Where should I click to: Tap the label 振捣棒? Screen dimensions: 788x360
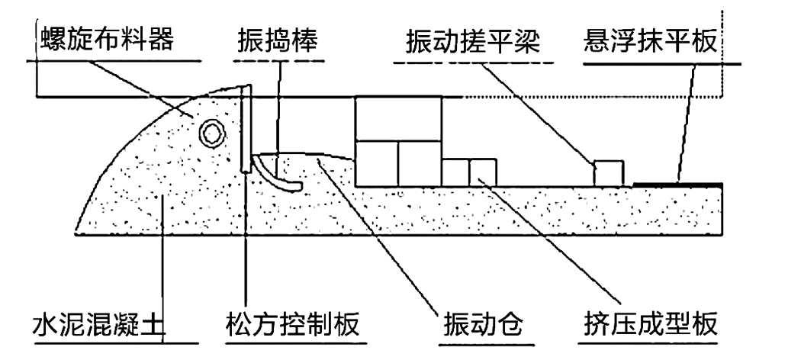[278, 41]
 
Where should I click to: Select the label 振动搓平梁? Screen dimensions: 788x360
[473, 42]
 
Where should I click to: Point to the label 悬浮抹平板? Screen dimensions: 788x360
[650, 42]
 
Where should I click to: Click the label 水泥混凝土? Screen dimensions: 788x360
[98, 325]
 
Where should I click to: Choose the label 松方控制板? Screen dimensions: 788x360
[292, 325]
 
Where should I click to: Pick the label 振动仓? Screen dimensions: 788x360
[483, 326]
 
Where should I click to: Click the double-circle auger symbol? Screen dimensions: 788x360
[211, 133]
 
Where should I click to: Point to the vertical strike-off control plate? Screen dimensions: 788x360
[246, 129]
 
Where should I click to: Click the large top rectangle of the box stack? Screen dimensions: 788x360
[398, 118]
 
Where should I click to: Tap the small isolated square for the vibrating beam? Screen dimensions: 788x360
[609, 173]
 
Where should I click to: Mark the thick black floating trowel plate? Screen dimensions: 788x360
[677, 185]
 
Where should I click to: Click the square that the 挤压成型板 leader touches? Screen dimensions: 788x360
[483, 172]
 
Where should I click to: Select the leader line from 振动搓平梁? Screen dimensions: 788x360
[538, 114]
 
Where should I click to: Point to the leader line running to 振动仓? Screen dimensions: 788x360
[378, 235]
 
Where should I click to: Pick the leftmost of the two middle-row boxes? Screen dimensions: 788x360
[376, 164]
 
